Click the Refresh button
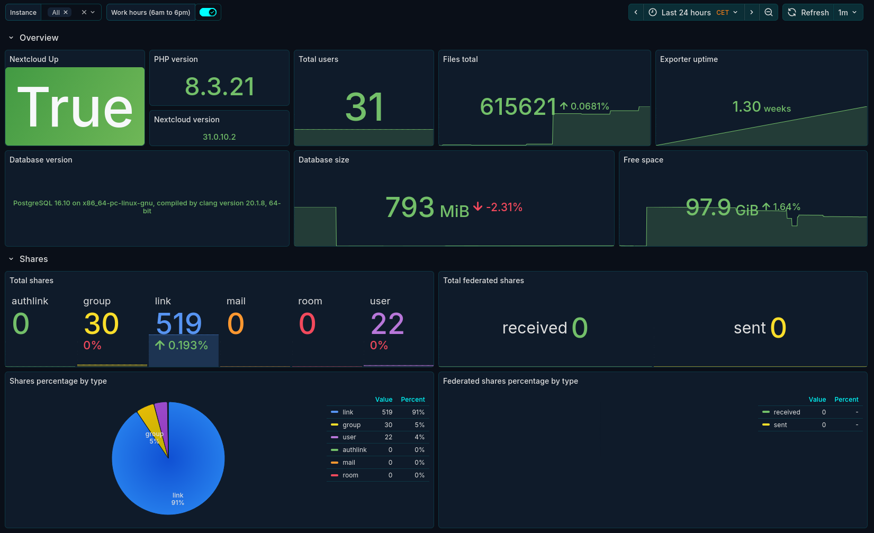[808, 12]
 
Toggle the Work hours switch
[208, 12]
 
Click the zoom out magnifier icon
[769, 12]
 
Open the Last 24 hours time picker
[693, 12]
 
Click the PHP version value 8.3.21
[220, 87]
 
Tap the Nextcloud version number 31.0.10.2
[219, 137]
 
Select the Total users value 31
[364, 107]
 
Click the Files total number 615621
[518, 107]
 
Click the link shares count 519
[179, 323]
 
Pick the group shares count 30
[102, 323]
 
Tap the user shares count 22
[387, 323]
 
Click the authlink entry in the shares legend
[354, 450]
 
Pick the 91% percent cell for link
[418, 412]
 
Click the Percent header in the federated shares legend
[846, 400]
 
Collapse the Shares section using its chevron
[11, 259]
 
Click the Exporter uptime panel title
[689, 59]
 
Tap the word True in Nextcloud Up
[75, 107]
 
